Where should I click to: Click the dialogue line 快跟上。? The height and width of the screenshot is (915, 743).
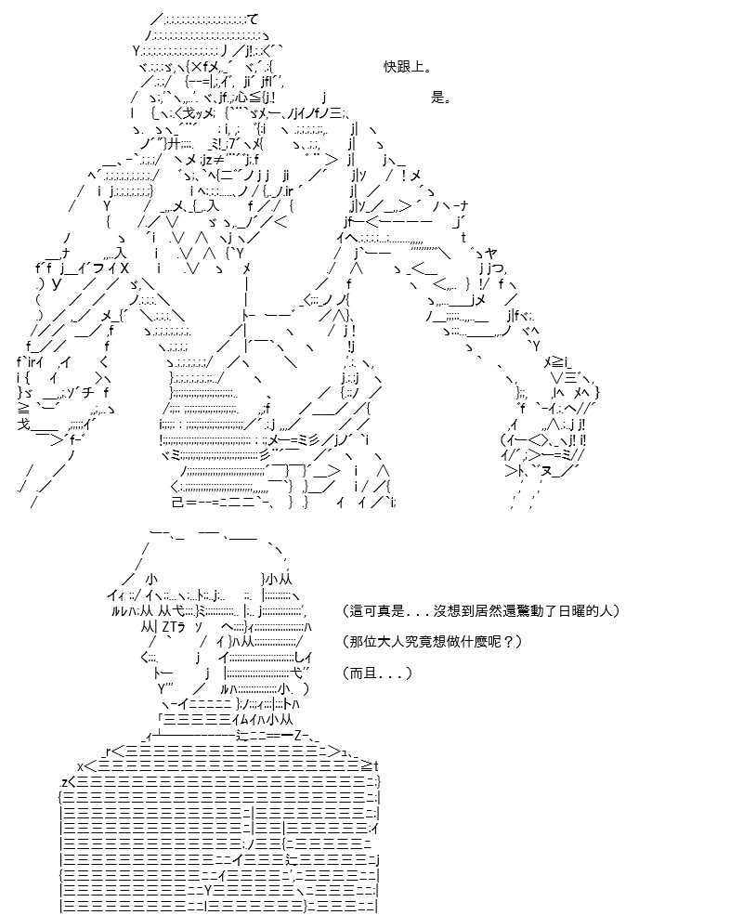407,67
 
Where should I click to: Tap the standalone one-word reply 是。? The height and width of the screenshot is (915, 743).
441,97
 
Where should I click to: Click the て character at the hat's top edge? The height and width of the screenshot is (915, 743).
252,20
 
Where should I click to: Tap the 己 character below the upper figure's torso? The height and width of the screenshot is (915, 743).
178,502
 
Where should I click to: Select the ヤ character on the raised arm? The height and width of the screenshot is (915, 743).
490,254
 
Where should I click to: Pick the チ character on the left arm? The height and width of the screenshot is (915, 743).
88,393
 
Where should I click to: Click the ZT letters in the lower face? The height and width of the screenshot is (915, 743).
168,627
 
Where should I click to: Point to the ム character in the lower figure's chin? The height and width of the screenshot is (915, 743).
242,720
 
